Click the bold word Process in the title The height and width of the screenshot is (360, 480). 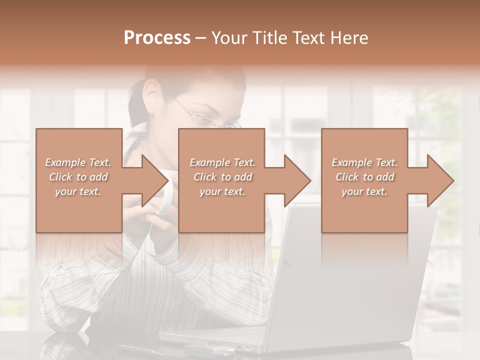(157, 37)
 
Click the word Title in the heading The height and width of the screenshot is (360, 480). (270, 37)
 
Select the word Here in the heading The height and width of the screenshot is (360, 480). (349, 37)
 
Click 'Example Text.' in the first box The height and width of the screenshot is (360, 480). (78, 162)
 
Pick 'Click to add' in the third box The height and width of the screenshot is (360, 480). (364, 177)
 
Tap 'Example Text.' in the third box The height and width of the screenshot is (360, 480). (364, 162)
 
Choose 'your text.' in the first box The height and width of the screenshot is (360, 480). (78, 191)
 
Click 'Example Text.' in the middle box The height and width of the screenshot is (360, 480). (222, 162)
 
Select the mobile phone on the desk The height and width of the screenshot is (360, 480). (205, 349)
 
